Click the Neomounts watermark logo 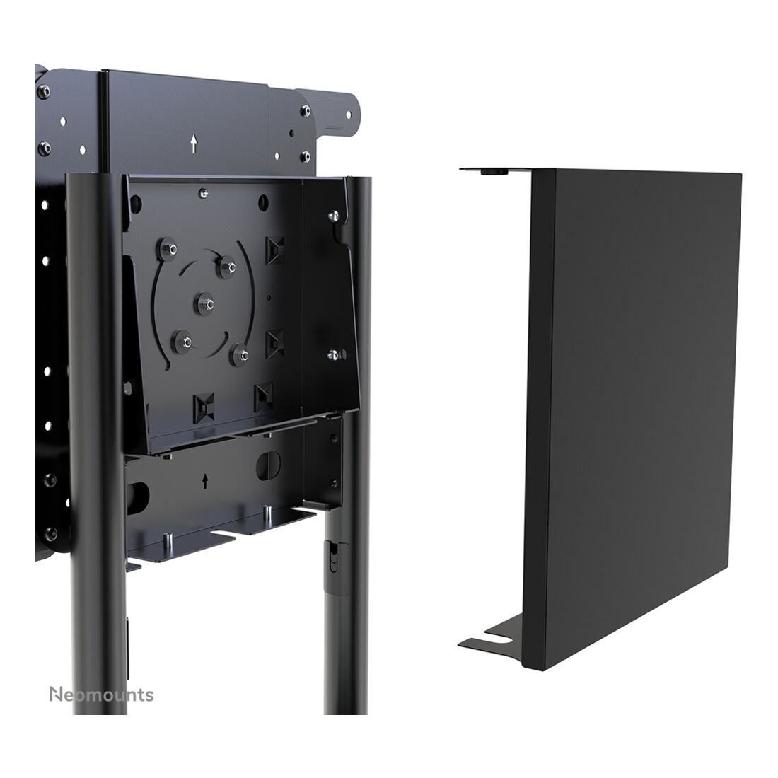[x=101, y=695]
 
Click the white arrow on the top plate [x=194, y=144]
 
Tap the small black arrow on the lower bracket [x=205, y=481]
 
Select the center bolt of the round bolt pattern [x=204, y=303]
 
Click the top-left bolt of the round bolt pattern [x=168, y=248]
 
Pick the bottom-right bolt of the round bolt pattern [x=240, y=355]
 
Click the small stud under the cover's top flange [x=494, y=172]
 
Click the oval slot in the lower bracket [x=268, y=465]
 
